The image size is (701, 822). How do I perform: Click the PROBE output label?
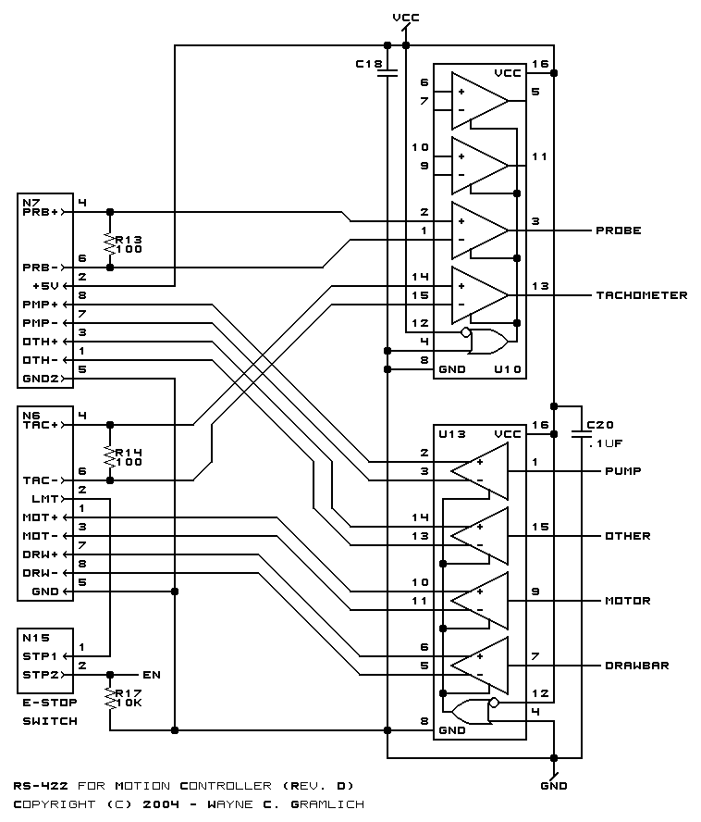click(618, 230)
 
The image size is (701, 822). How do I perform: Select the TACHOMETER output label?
click(641, 295)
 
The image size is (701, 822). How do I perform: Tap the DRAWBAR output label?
click(636, 666)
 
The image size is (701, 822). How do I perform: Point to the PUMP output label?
click(623, 471)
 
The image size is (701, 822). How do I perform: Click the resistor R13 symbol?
click(110, 244)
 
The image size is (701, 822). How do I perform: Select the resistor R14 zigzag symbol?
click(110, 457)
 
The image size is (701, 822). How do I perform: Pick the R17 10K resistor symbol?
click(110, 698)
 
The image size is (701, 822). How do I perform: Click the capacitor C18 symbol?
click(387, 73)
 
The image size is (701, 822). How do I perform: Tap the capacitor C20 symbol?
click(582, 434)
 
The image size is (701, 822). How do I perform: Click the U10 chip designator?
click(507, 369)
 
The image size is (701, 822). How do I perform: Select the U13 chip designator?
click(451, 434)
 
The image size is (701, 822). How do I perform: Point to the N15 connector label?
click(36, 638)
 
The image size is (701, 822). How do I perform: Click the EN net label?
click(152, 675)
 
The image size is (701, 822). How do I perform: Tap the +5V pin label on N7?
click(45, 286)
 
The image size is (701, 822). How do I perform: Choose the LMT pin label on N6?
click(45, 499)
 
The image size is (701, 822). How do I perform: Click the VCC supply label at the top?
click(406, 18)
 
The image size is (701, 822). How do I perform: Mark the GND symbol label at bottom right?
click(554, 786)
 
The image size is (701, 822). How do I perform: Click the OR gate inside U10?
click(488, 342)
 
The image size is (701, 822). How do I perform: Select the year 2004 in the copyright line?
click(161, 804)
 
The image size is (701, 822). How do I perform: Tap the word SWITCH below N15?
click(50, 721)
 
